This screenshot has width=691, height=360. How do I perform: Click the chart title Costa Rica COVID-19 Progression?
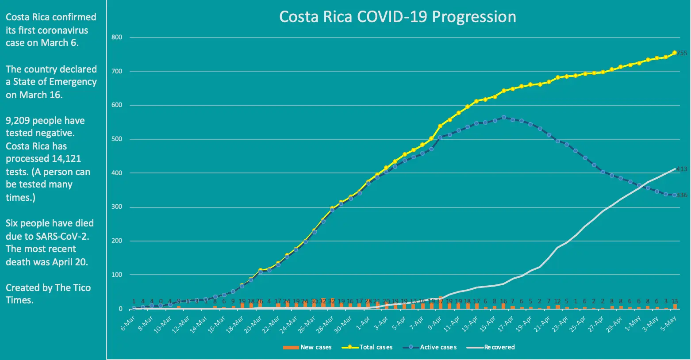(x=397, y=17)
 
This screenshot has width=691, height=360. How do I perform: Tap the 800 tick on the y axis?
(x=117, y=38)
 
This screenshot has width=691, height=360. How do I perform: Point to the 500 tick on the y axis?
(x=117, y=139)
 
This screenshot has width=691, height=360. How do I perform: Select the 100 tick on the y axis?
(x=117, y=275)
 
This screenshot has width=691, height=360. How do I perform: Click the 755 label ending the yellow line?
(x=682, y=53)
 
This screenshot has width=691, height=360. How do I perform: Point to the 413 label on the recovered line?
(x=682, y=169)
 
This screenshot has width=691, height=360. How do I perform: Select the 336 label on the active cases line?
(x=682, y=195)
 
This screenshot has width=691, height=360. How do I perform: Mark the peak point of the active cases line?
(x=503, y=118)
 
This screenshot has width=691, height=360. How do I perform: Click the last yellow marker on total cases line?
(x=675, y=53)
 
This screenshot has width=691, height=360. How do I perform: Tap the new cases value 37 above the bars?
(x=440, y=301)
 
